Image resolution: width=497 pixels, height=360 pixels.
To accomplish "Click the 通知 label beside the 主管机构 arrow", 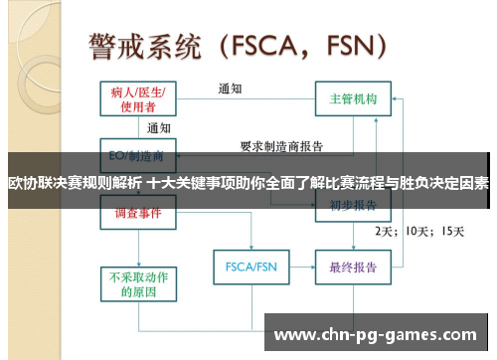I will [x=231, y=89].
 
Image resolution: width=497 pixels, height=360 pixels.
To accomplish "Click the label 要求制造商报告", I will [x=281, y=146].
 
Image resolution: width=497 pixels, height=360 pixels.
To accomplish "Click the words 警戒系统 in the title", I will [x=146, y=46].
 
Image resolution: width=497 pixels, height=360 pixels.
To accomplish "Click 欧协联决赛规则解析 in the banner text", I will [x=75, y=183].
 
